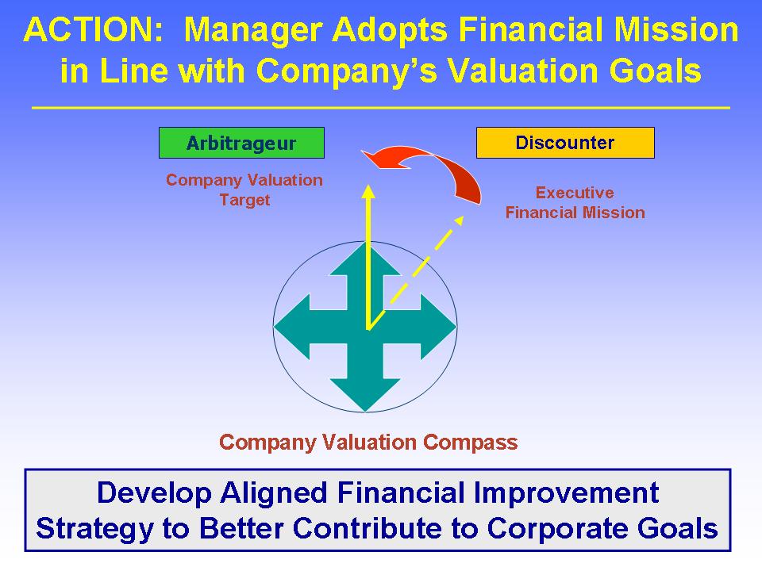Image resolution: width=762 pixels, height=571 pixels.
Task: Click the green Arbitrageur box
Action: point(241,143)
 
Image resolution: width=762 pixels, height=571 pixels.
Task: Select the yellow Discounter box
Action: point(565,143)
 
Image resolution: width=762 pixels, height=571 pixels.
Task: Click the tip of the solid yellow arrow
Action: point(368,185)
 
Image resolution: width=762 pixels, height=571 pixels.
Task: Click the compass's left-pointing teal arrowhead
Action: point(291,327)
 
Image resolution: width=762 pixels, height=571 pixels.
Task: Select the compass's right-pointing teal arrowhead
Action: point(438,327)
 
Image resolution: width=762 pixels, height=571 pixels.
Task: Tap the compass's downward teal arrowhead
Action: point(365,395)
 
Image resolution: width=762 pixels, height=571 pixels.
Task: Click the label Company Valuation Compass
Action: point(368,443)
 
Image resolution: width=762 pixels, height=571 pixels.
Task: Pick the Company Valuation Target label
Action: point(244,190)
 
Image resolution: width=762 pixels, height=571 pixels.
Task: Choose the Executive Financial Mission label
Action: point(575,202)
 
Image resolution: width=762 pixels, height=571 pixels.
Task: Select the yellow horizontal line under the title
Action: point(381,108)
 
